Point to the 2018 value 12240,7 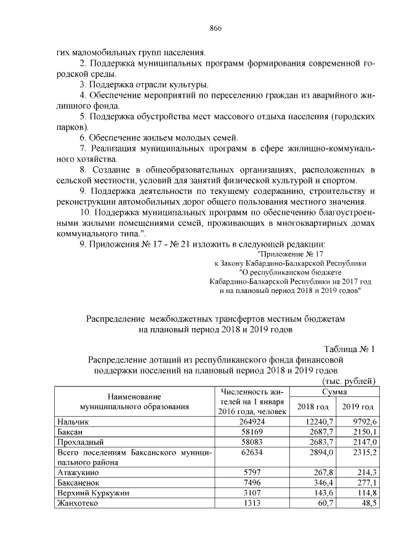(320, 421)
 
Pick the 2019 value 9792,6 (360, 421)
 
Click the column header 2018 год (313, 406)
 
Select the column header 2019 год (358, 406)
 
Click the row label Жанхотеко (78, 503)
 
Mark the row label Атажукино (77, 473)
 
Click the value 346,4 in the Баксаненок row (323, 483)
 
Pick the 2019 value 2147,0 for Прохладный (360, 442)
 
